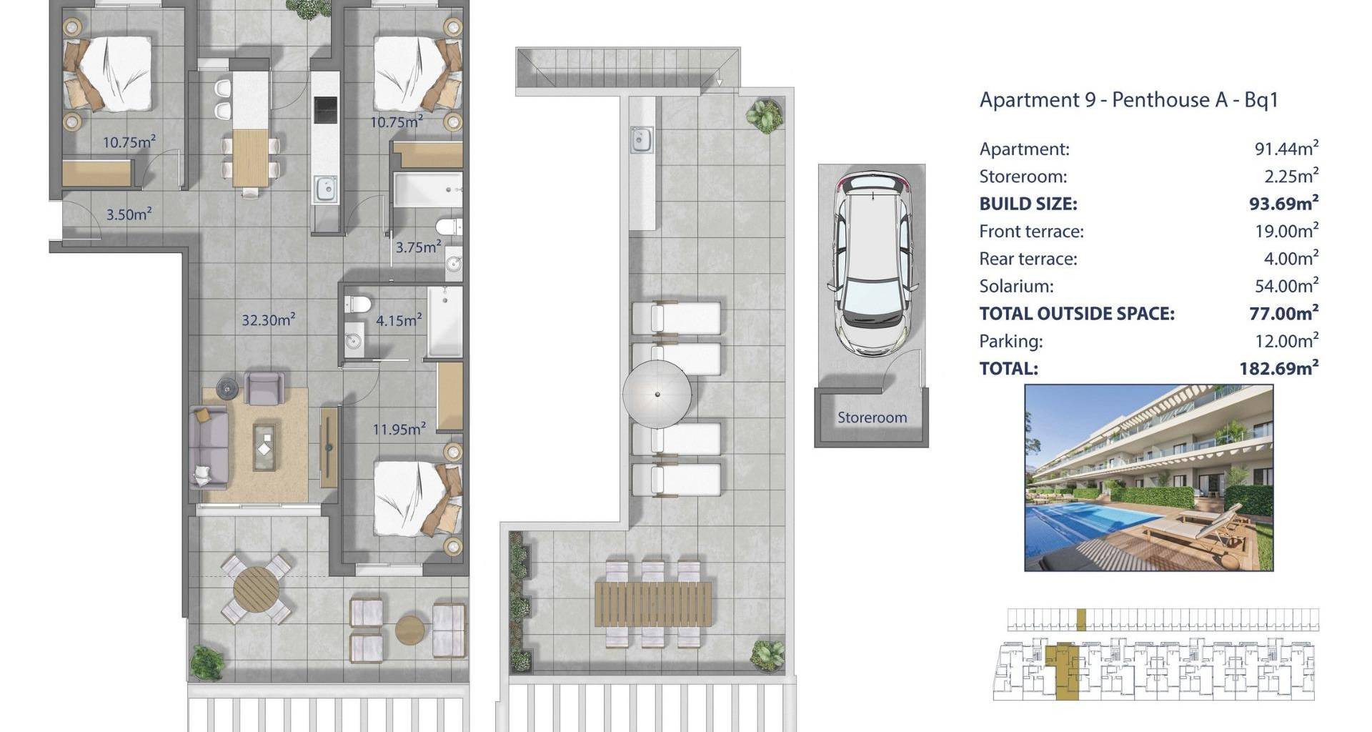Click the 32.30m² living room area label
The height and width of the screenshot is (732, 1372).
268,320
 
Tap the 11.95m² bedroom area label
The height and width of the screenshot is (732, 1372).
399,429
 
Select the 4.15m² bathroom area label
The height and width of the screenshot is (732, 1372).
399,320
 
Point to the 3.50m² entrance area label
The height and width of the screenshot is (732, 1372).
129,214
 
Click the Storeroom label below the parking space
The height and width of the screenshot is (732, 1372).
872,417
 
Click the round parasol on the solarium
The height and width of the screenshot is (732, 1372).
657,393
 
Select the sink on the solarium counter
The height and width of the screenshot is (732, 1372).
642,139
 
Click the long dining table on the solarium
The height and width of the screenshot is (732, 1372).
653,604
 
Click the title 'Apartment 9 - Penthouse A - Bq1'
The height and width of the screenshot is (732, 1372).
1128,99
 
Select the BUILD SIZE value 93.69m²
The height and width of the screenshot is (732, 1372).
1283,204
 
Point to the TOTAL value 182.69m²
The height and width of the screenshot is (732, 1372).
1278,368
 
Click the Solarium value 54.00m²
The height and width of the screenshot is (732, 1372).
1286,286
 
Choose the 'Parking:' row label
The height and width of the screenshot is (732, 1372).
1010,342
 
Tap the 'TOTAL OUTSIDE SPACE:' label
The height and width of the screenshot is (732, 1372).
1077,313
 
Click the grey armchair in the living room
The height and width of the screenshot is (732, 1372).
264,387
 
